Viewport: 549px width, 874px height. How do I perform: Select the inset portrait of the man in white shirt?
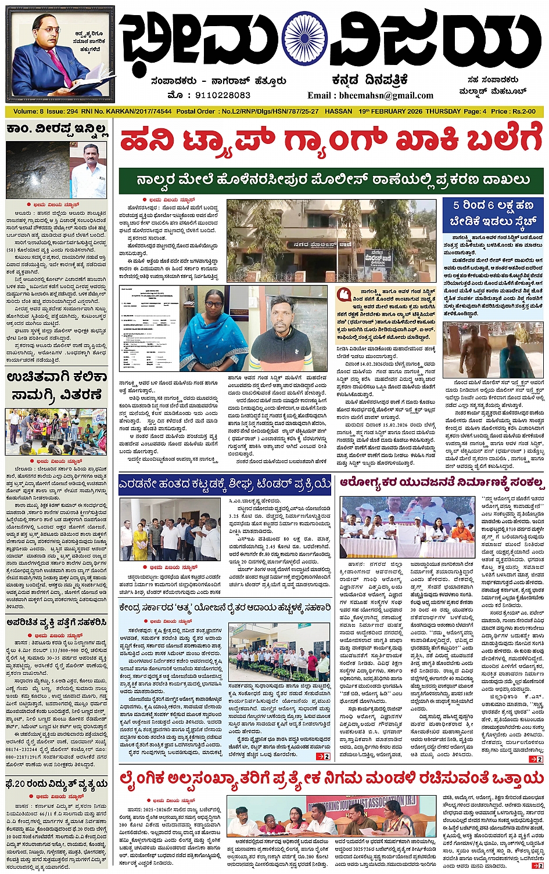[88, 171]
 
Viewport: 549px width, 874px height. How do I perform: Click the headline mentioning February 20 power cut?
[56, 784]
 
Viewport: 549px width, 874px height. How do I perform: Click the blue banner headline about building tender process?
[225, 483]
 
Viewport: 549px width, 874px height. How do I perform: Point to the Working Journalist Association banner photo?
[331, 815]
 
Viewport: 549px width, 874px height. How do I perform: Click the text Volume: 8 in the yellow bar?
[28, 111]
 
